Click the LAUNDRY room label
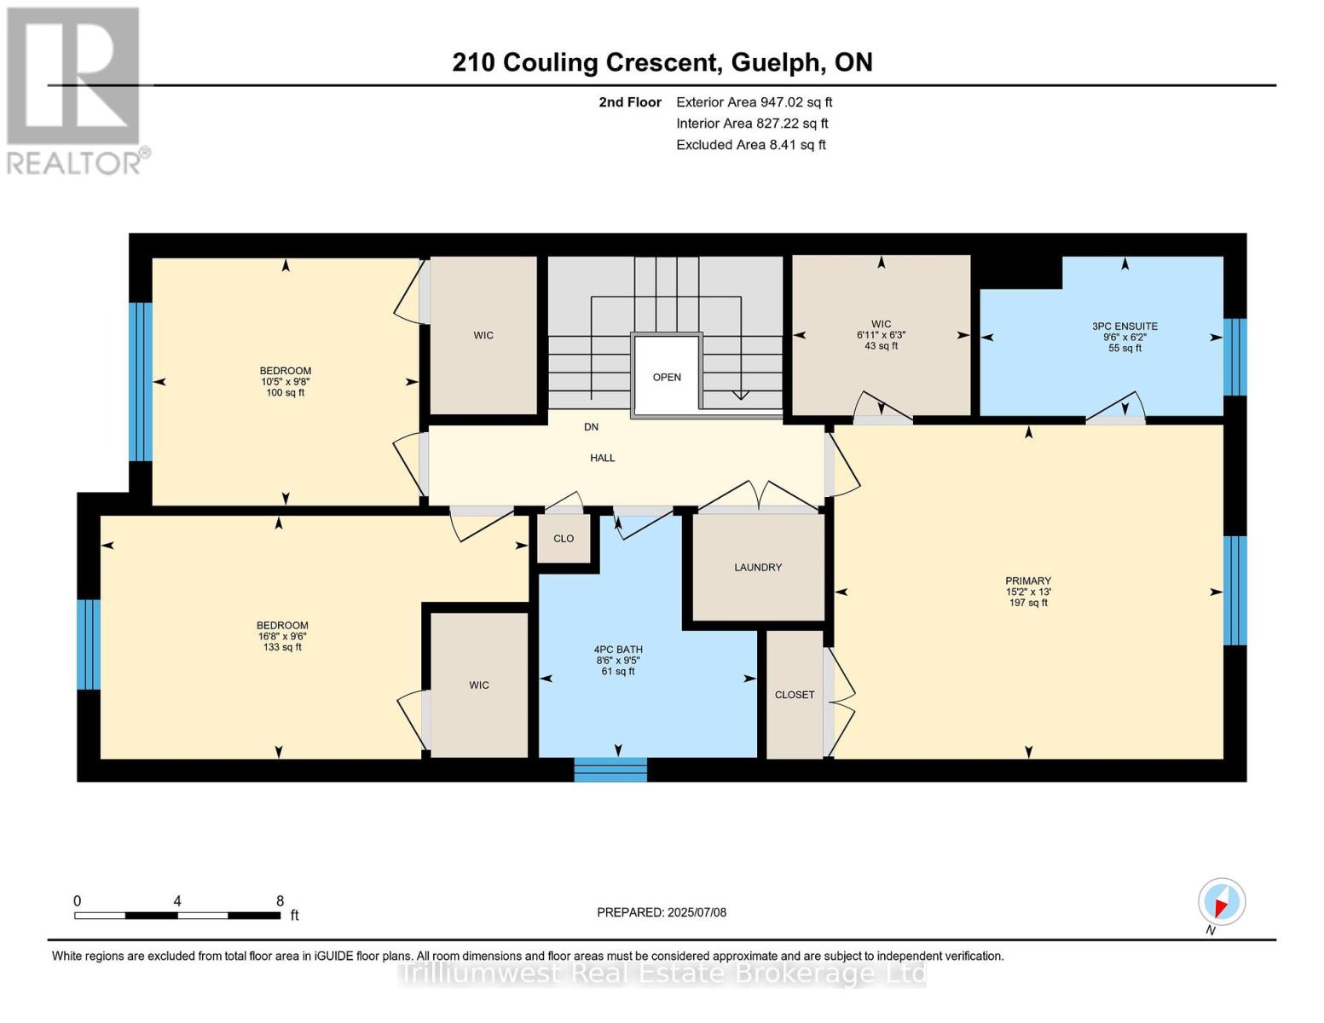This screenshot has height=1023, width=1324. (x=757, y=567)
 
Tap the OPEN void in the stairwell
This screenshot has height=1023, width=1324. (x=667, y=377)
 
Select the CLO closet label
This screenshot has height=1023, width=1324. (x=564, y=539)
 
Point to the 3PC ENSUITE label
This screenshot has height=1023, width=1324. (x=1125, y=326)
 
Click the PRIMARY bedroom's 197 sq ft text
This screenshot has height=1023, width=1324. (x=1028, y=603)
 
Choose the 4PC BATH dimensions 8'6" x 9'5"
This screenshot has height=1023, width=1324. (x=618, y=661)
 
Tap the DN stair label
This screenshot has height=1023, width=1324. (x=591, y=427)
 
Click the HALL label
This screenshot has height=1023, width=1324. (x=603, y=458)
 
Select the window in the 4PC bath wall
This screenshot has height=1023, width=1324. (x=610, y=770)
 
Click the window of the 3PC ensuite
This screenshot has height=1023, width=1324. (x=1235, y=357)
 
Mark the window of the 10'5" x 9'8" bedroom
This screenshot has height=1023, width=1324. (x=140, y=382)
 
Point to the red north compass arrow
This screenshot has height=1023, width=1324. (x=1221, y=907)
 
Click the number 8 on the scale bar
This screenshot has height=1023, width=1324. (x=280, y=900)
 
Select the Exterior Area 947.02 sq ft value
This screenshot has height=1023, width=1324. (x=755, y=102)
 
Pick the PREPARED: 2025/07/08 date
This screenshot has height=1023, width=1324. (x=662, y=912)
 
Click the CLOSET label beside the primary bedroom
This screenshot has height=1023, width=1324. (x=795, y=695)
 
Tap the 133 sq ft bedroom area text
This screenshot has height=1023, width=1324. (x=282, y=647)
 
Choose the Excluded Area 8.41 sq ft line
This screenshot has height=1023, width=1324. (x=751, y=145)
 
